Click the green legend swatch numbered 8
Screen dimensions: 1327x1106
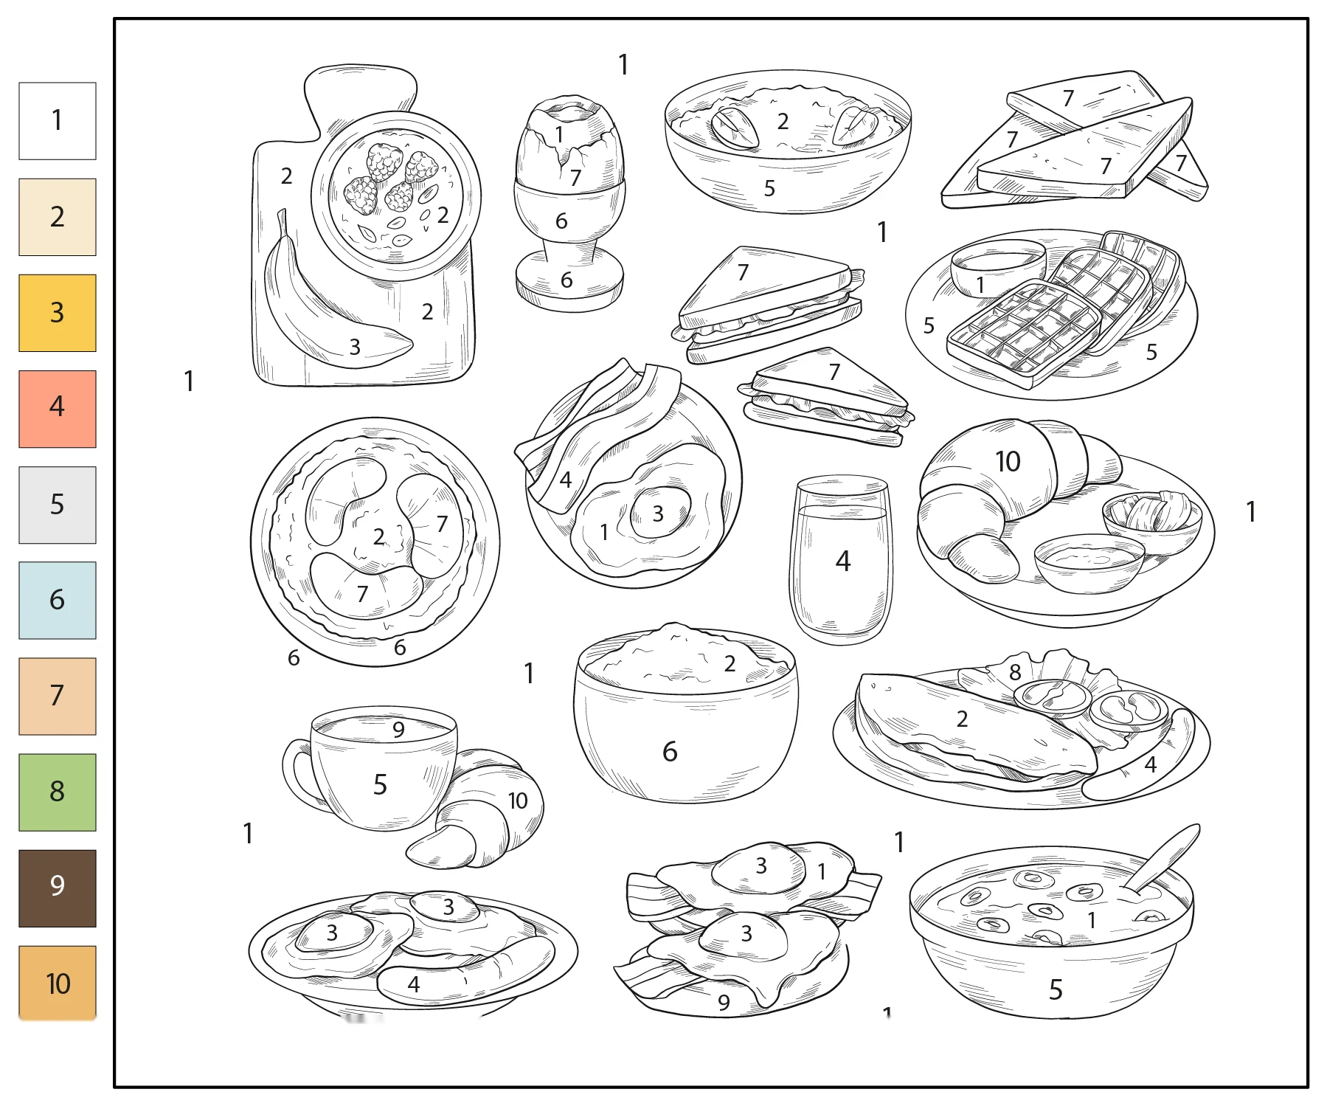pyautogui.click(x=58, y=792)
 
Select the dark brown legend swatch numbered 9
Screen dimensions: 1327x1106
pyautogui.click(x=58, y=888)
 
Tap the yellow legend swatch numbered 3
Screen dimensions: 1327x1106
pyautogui.click(x=58, y=313)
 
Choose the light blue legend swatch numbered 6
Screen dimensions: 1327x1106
pyautogui.click(x=58, y=600)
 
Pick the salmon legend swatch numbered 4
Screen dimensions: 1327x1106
pyautogui.click(x=58, y=409)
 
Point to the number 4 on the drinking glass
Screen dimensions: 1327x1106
pyautogui.click(x=843, y=561)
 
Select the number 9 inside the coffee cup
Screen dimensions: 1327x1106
pyautogui.click(x=398, y=730)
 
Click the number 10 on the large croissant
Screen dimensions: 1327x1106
pyautogui.click(x=1008, y=462)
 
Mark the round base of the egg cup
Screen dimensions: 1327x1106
pyautogui.click(x=569, y=282)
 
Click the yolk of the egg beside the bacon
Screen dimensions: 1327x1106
pyautogui.click(x=660, y=513)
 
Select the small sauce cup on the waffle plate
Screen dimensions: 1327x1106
pyautogui.click(x=998, y=267)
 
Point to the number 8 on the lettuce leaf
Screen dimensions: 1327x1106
pyautogui.click(x=1015, y=672)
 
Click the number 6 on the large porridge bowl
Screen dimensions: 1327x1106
pyautogui.click(x=670, y=752)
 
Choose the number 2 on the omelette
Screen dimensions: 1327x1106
pyautogui.click(x=962, y=719)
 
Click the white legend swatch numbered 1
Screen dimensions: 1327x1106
pyautogui.click(x=58, y=121)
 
